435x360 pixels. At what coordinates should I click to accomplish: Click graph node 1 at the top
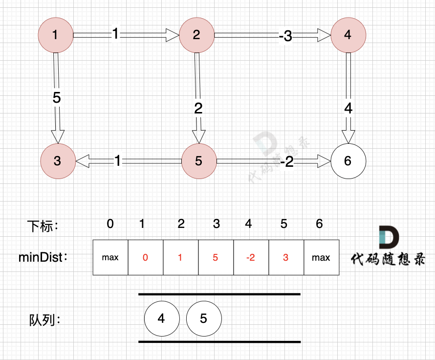(55, 35)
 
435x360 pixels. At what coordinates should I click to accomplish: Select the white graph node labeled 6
(348, 160)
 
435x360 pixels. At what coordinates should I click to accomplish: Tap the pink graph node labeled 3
(58, 160)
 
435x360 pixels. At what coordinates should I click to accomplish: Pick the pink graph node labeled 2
(196, 35)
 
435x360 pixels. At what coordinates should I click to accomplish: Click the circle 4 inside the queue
(162, 318)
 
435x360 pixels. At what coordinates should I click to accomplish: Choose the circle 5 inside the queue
(203, 318)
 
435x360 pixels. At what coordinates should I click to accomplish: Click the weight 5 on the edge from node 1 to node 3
(57, 97)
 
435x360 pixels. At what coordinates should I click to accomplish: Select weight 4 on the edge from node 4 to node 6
(348, 108)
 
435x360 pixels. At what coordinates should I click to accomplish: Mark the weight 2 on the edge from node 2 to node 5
(198, 108)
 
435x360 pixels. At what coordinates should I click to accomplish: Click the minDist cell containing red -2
(251, 257)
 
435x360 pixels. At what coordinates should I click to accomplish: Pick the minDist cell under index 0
(110, 257)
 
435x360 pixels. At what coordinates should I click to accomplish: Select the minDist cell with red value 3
(286, 257)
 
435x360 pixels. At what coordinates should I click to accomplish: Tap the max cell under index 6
(321, 257)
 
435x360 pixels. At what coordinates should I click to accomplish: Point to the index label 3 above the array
(217, 224)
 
